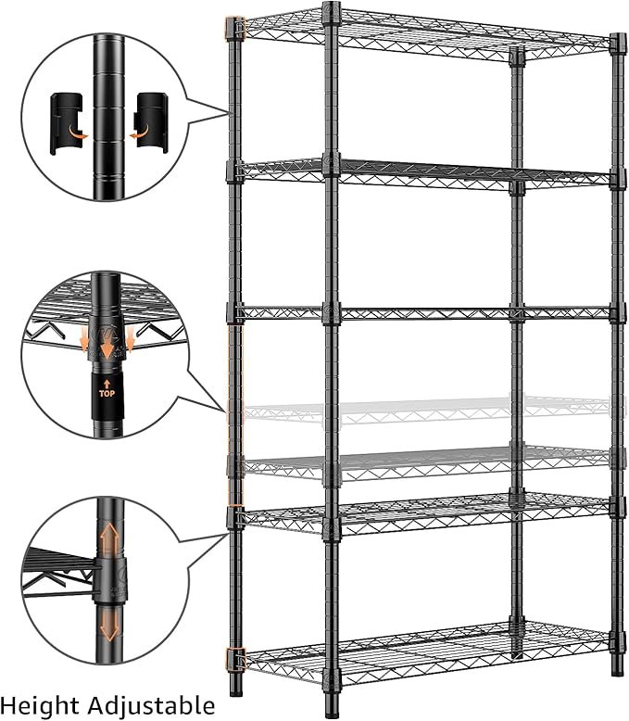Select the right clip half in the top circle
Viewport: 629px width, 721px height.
pos(151,121)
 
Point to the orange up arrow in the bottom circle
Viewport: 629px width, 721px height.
pos(108,537)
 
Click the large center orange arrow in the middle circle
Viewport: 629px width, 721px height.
pos(107,342)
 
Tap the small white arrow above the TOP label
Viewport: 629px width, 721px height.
pos(107,380)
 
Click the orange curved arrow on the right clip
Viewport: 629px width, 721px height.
pos(139,134)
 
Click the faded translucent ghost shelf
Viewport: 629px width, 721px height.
pos(426,409)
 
